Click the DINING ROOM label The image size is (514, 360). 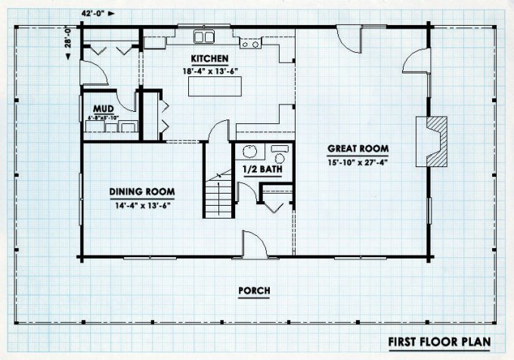[142, 191]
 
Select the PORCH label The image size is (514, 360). [254, 290]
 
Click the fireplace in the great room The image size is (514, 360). [435, 140]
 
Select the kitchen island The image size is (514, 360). [209, 88]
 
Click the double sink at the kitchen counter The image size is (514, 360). [203, 36]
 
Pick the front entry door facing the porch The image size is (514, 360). [254, 246]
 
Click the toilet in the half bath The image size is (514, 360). [280, 157]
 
